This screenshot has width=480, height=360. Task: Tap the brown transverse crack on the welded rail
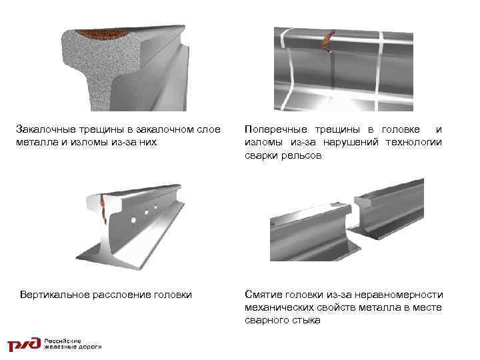tap(327, 43)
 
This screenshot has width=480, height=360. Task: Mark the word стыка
tap(306, 320)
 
